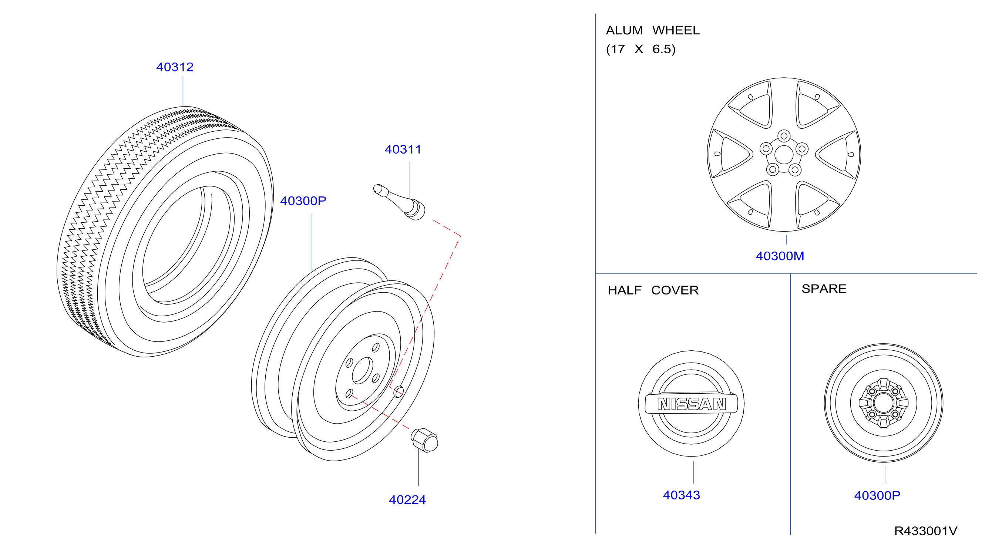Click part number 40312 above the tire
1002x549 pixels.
[175, 67]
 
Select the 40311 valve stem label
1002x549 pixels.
[403, 149]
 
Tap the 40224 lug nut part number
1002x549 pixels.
[407, 500]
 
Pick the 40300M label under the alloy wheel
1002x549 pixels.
[780, 256]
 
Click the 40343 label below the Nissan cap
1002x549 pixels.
[682, 495]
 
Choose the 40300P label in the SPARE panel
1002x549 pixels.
[877, 495]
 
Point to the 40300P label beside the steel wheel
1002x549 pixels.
[303, 201]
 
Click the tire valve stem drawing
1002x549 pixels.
[399, 202]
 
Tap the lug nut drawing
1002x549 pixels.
[424, 440]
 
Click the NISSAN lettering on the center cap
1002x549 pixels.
[692, 404]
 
